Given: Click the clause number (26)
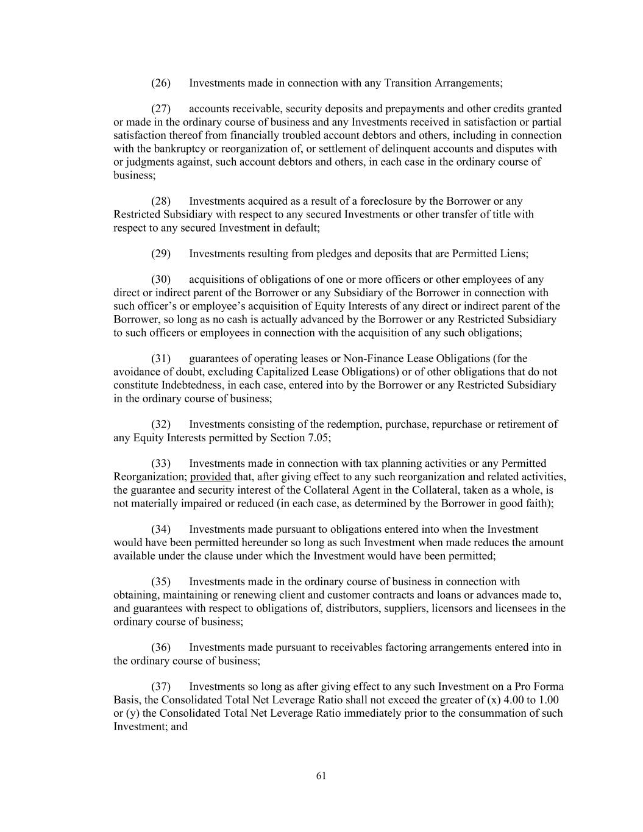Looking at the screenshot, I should coord(161,83).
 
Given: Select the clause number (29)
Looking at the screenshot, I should coord(161,254).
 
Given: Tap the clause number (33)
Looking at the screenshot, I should coord(161,463).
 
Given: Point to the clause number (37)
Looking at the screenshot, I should coord(161,686).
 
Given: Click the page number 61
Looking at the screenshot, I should coord(321,776).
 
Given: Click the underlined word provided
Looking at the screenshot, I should coord(210,477).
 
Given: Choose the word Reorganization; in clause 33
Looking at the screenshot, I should coord(150,477).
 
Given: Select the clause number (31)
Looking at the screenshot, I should coord(161,358).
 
